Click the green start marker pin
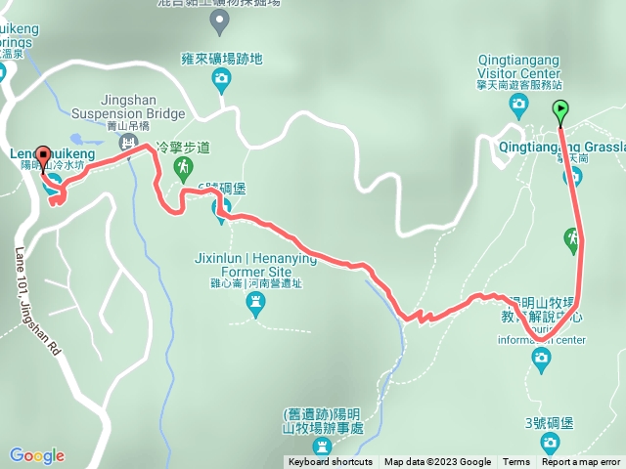coord(560,109)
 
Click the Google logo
coord(37,455)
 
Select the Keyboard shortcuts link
coord(330,462)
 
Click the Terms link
coord(516,462)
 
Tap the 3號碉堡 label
coord(551,423)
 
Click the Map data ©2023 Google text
coord(437,462)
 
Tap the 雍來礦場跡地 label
coord(222,59)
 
